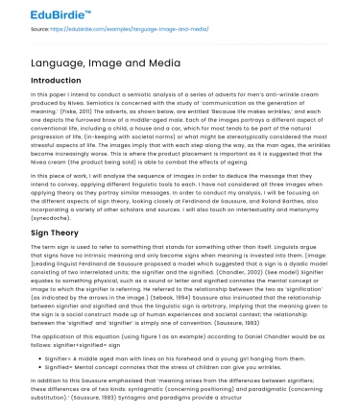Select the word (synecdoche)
click(x=50, y=217)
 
